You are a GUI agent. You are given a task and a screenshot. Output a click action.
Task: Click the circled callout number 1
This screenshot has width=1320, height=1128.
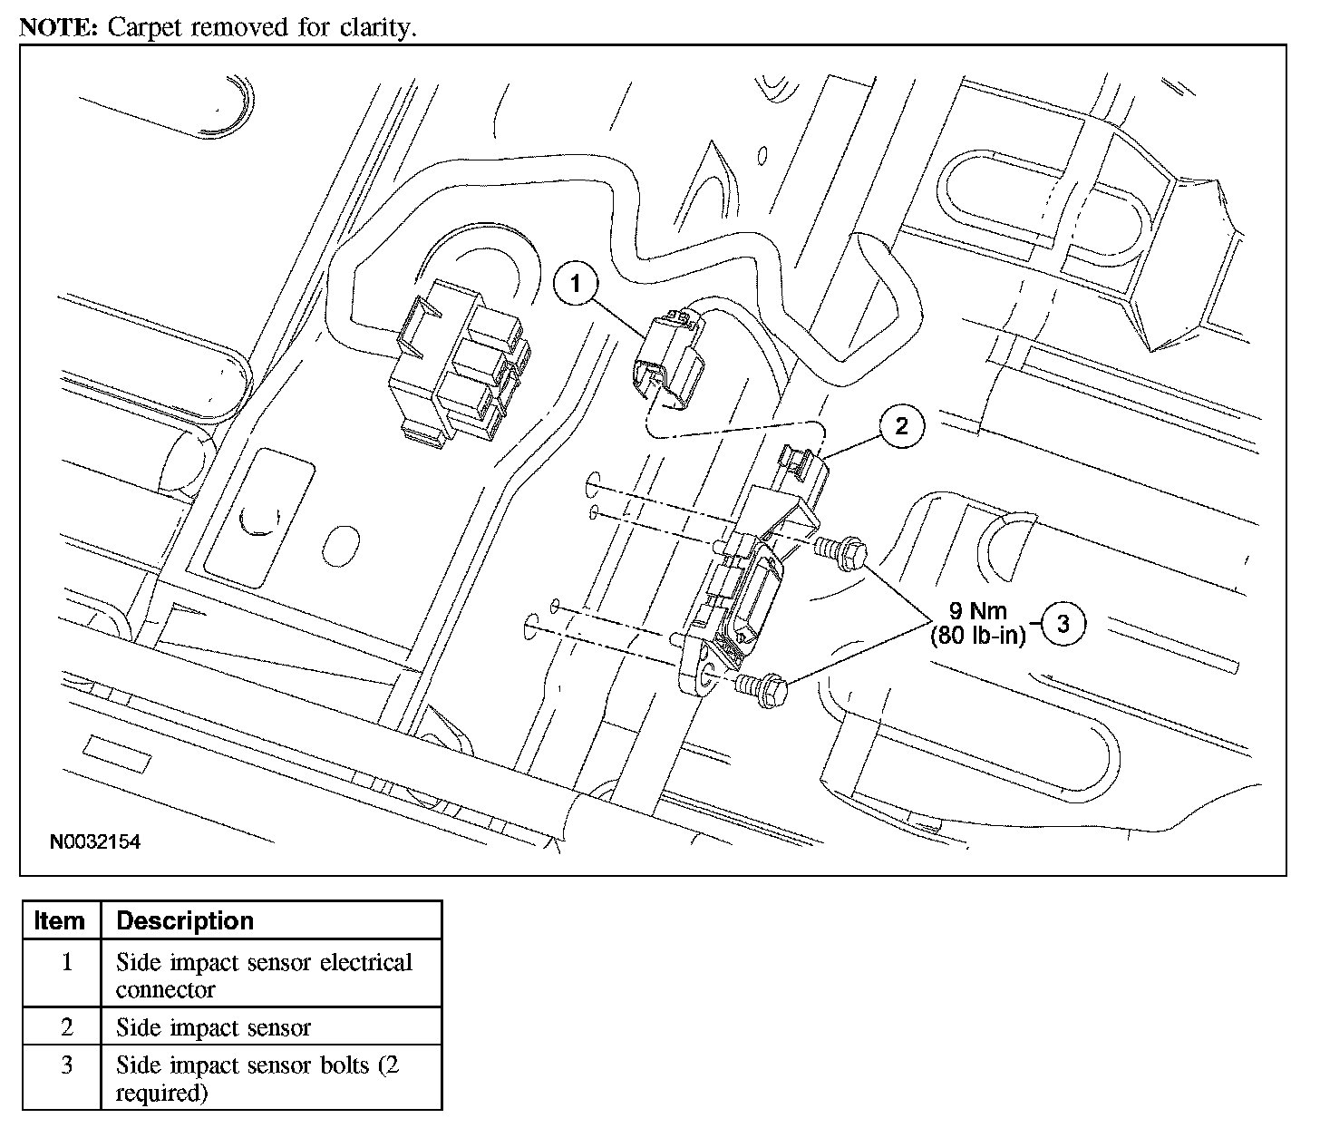[576, 284]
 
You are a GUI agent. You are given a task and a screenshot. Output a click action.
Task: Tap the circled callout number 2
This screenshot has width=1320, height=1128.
[900, 425]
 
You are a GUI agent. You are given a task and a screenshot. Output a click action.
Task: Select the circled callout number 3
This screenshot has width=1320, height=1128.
[1063, 624]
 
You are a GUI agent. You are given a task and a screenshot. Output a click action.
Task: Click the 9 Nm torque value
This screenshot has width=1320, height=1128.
[978, 611]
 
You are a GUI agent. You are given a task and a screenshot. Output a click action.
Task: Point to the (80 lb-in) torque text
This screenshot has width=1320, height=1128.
[977, 636]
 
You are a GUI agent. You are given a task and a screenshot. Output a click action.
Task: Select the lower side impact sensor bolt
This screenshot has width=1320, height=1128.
[762, 686]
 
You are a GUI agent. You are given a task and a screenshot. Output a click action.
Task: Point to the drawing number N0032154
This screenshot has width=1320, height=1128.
[95, 842]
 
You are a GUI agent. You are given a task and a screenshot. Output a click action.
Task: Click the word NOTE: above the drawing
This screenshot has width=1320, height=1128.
[58, 27]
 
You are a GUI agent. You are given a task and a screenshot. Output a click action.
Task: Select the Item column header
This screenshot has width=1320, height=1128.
[60, 920]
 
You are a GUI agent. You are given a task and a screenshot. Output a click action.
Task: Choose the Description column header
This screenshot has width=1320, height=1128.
[185, 920]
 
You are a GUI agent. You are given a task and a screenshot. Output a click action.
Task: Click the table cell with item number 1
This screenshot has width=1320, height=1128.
[66, 962]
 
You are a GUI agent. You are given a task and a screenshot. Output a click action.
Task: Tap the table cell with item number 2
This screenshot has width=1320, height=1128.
[66, 1027]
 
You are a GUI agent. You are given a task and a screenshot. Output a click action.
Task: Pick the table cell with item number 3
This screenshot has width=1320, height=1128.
[66, 1065]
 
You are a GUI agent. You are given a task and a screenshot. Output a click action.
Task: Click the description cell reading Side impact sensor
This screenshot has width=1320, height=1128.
[213, 1027]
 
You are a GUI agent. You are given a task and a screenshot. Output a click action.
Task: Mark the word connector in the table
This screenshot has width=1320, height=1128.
[165, 989]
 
